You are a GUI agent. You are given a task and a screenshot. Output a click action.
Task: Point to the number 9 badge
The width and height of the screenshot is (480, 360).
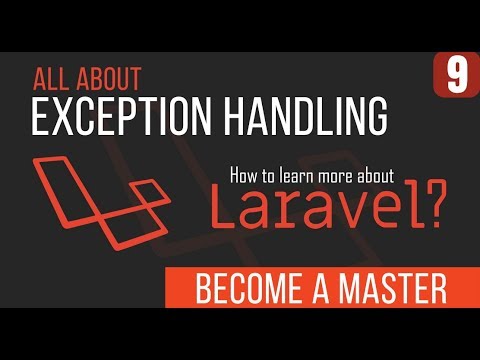pyautogui.click(x=456, y=76)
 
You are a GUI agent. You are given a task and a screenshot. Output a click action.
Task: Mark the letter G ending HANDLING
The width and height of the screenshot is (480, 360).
pyautogui.click(x=374, y=117)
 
